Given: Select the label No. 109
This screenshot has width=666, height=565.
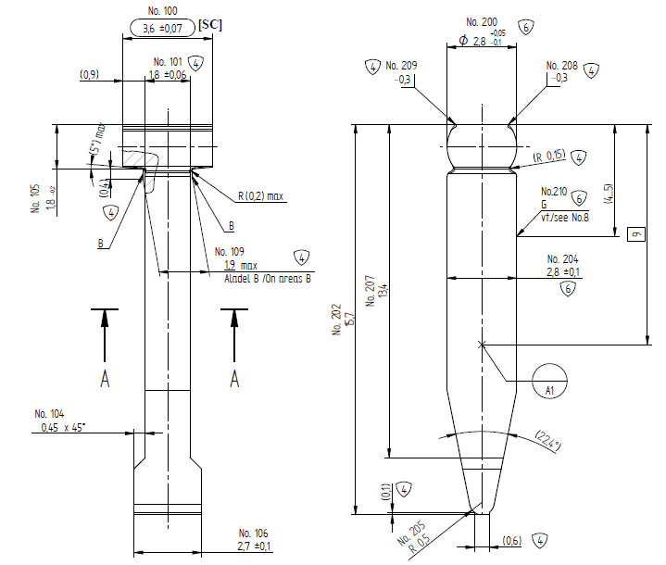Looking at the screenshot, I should [x=229, y=251].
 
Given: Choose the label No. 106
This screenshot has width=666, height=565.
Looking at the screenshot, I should [x=253, y=534].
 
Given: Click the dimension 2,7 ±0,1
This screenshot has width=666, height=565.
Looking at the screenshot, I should [x=253, y=546].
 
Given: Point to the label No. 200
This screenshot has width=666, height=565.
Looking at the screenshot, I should [x=482, y=21].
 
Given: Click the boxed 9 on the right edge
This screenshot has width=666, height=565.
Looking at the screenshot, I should [x=635, y=234].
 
